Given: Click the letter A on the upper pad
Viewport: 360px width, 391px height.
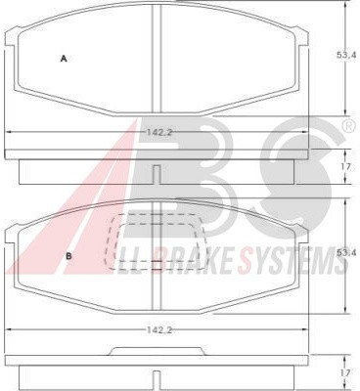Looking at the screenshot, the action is (64, 59).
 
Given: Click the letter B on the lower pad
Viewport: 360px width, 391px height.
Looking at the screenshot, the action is (68, 256).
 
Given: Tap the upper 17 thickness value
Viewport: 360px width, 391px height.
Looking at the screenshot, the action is (346, 167).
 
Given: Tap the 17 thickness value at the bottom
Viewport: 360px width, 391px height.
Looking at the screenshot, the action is (346, 372).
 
